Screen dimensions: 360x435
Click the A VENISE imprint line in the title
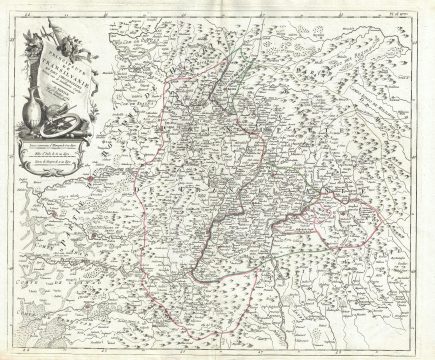coord(63,90)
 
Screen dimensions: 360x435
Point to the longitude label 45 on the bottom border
coord(105,351)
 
